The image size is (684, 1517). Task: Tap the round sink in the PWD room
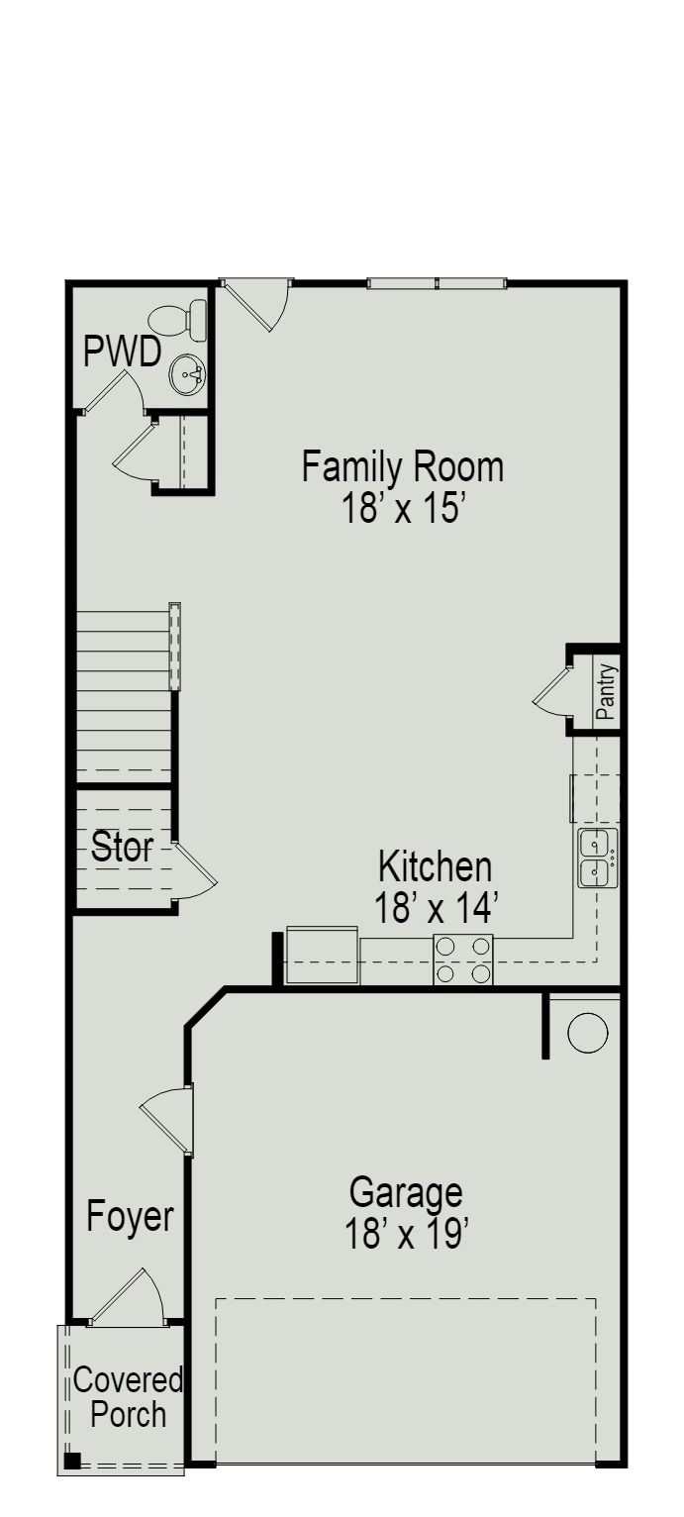click(x=187, y=374)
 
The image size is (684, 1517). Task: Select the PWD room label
click(x=122, y=353)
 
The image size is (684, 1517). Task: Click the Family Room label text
click(x=403, y=466)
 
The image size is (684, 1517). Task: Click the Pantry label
click(x=606, y=690)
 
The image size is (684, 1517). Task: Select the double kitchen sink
click(x=597, y=858)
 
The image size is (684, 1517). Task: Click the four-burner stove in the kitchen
click(x=463, y=960)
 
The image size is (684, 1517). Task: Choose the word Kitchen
click(x=435, y=866)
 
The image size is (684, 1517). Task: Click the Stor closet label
click(x=122, y=848)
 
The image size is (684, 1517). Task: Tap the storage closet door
click(x=195, y=869)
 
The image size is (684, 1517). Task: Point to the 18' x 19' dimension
click(x=406, y=1234)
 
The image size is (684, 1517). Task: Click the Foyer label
click(x=130, y=1216)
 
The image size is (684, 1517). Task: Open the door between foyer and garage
click(x=166, y=1119)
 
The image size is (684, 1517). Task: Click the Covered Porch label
click(x=128, y=1396)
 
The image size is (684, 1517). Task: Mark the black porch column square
click(x=71, y=1460)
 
